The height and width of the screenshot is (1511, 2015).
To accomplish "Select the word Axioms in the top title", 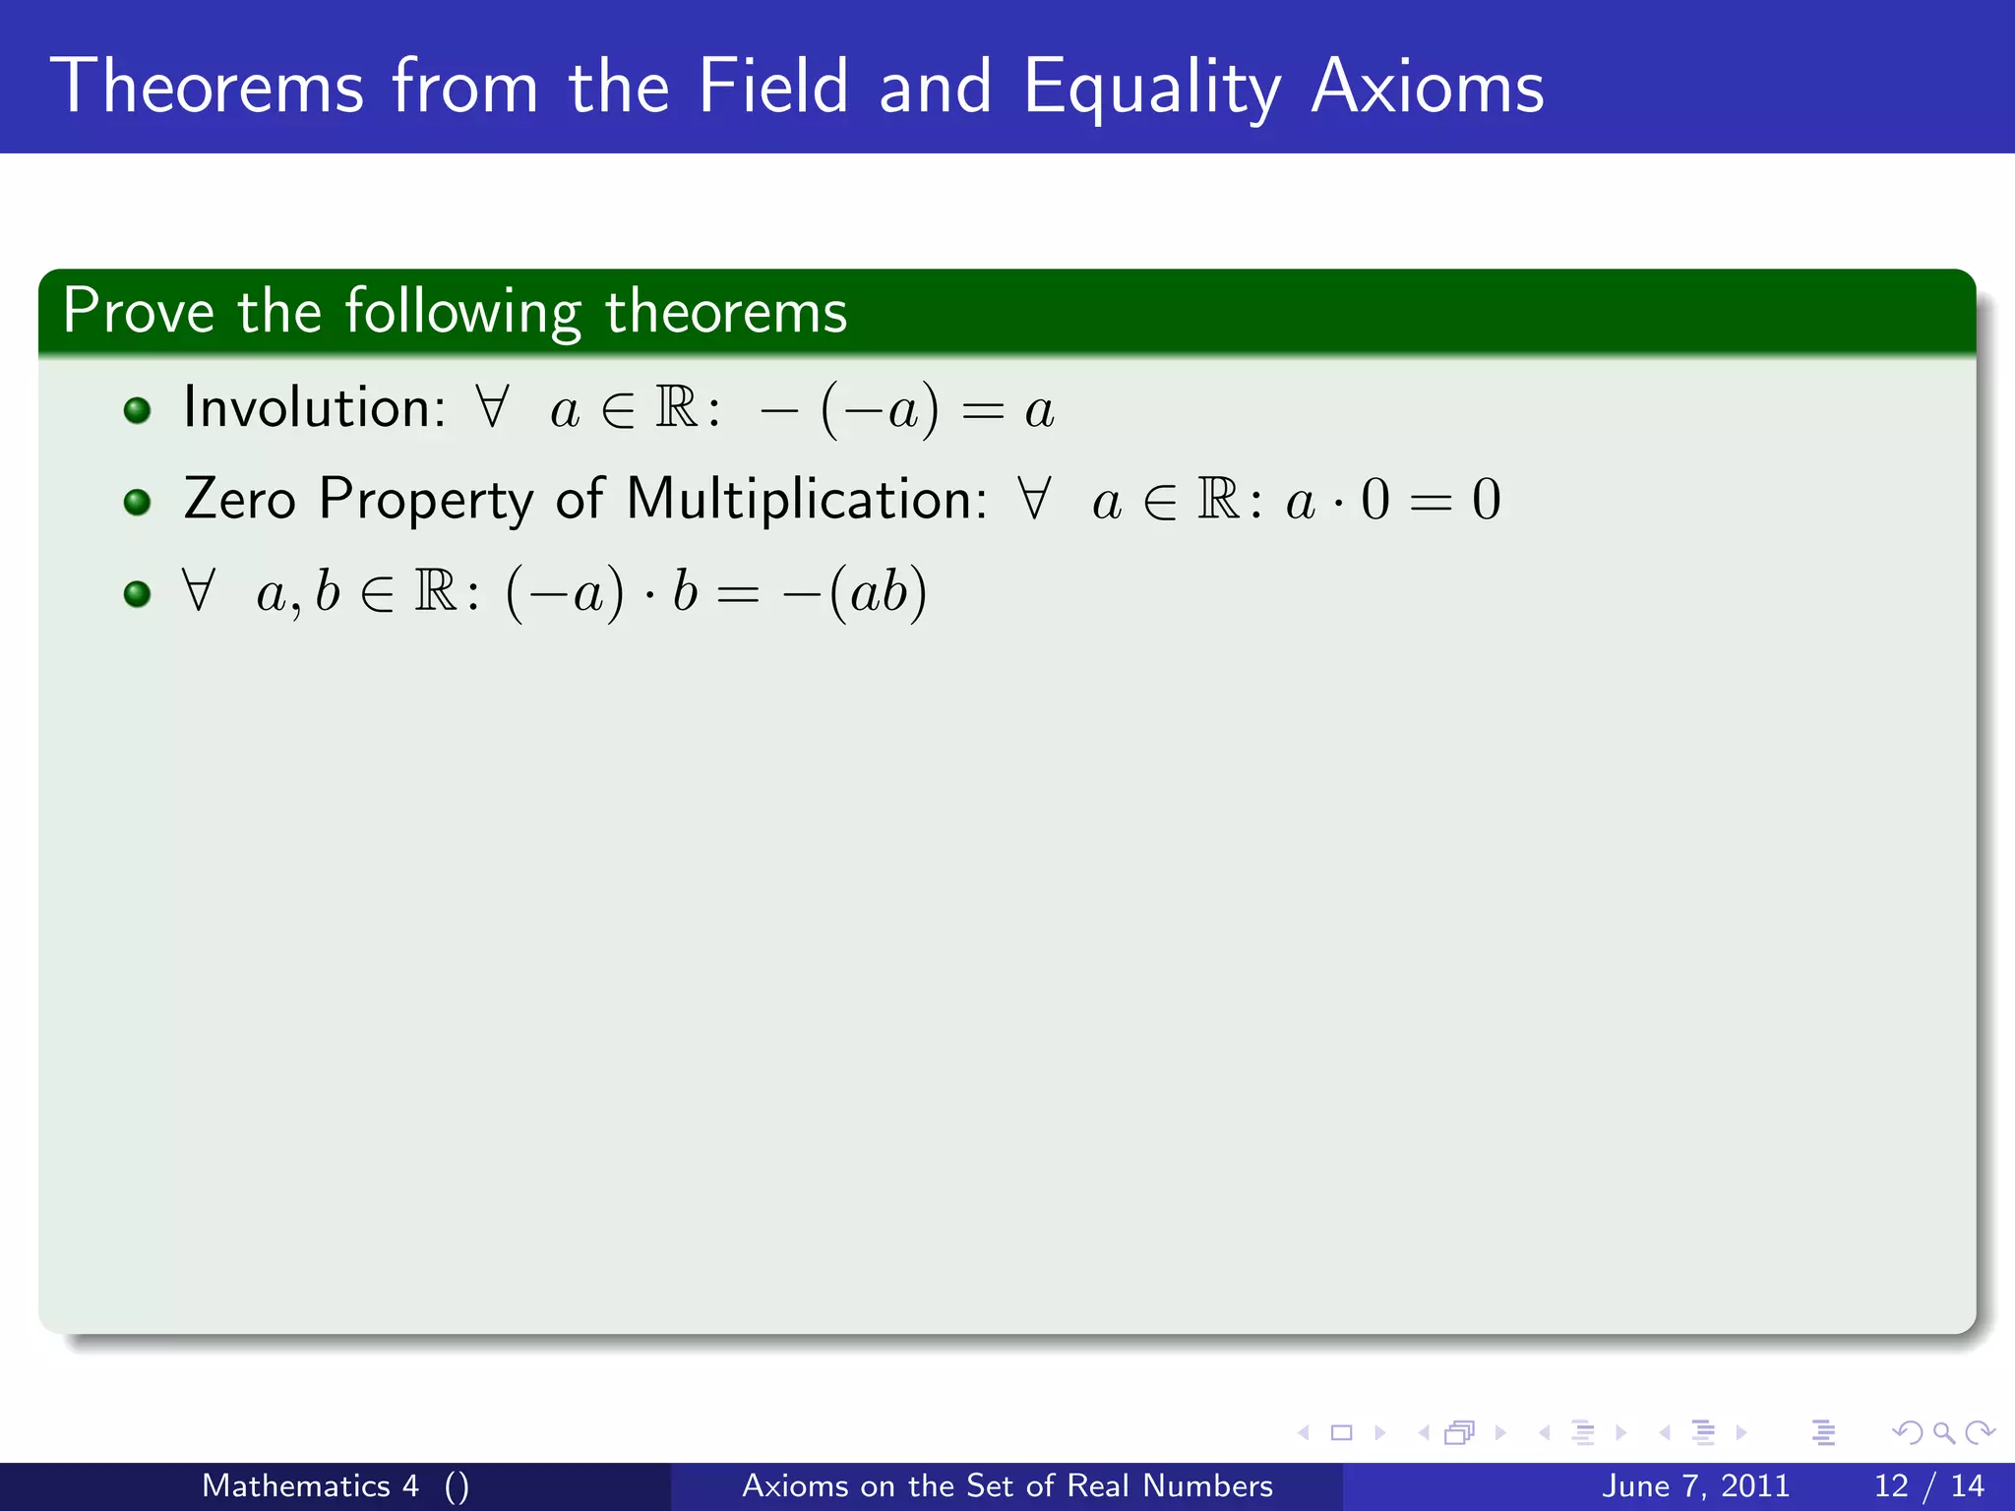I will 1428,87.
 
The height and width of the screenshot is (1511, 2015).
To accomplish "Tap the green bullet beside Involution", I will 138,410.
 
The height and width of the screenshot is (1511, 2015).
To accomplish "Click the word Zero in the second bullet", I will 239,499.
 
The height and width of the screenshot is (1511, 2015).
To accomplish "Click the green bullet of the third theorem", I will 138,594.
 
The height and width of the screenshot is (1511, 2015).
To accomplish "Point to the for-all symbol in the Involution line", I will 491,405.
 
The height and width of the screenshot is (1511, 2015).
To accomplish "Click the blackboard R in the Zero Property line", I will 1218,499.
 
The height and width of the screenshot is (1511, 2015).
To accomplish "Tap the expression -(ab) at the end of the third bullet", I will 854,592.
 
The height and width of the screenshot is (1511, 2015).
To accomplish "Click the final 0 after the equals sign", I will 1486,499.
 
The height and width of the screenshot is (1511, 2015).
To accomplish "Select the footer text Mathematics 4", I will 310,1485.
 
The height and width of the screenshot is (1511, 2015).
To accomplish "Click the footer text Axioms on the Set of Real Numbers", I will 1007,1485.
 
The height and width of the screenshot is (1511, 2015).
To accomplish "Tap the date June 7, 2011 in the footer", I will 1695,1485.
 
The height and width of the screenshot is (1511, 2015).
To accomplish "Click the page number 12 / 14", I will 1928,1485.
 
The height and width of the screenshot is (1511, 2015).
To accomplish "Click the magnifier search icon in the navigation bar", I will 1943,1433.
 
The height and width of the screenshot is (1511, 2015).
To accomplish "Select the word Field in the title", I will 772,87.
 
